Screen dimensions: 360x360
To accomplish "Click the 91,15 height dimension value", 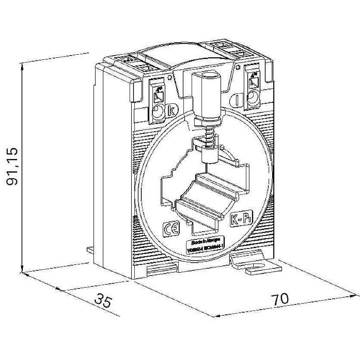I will click(13, 166).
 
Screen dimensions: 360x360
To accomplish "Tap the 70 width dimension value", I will click(280, 298).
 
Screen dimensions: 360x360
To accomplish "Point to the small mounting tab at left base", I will click(91, 250).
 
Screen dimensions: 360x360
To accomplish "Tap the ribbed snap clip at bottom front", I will click(163, 268).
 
